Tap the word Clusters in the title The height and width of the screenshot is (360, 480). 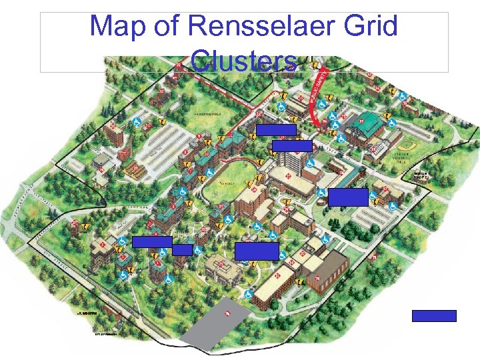[243, 61]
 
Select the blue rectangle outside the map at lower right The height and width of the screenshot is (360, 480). [434, 316]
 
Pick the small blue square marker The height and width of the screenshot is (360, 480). [183, 250]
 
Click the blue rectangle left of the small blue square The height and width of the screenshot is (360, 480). [152, 242]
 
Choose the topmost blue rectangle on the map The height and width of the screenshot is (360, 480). [277, 130]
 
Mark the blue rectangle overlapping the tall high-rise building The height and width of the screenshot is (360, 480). [292, 146]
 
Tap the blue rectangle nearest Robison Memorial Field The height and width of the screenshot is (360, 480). [348, 197]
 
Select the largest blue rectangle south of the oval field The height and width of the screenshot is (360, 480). [257, 251]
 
